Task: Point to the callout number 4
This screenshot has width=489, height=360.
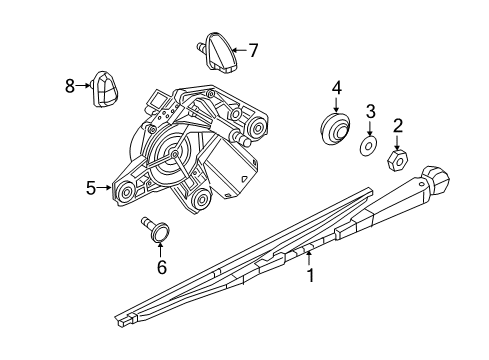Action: pyautogui.click(x=337, y=89)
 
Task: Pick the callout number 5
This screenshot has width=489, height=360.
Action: pyautogui.click(x=90, y=187)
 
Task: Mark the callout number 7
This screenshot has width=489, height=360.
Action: pyautogui.click(x=253, y=48)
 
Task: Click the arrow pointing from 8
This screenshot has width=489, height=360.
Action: pyautogui.click(x=84, y=87)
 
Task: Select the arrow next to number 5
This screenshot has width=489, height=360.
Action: pyautogui.click(x=105, y=187)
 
